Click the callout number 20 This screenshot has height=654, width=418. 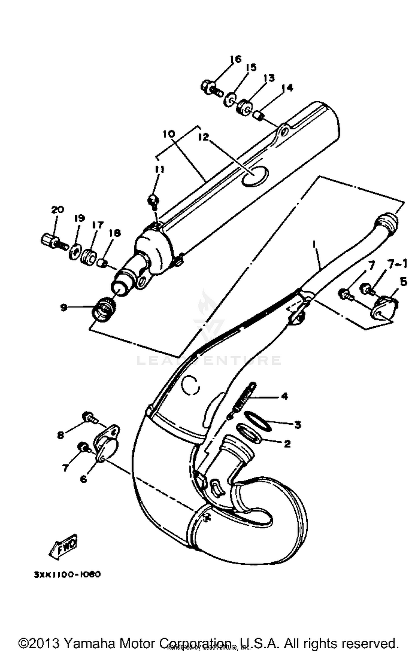point(57,209)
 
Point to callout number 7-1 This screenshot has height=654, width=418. point(397,264)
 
